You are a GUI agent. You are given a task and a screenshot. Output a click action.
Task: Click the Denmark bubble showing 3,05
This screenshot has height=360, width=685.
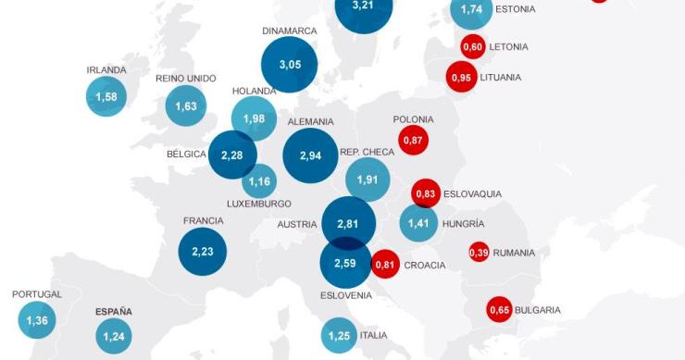pos(289,65)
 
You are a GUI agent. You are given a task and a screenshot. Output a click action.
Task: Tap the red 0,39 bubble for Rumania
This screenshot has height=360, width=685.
pos(479,252)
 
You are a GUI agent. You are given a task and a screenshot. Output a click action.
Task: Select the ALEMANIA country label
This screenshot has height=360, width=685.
pos(310,121)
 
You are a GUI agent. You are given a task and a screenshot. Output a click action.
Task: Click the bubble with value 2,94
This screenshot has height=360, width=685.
pos(310,155)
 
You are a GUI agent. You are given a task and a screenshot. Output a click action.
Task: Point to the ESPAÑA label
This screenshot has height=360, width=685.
pos(114,312)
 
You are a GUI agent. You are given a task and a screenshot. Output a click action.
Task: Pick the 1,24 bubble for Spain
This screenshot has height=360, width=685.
pos(114,336)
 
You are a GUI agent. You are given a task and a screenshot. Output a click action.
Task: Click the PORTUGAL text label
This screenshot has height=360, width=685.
pos(37,294)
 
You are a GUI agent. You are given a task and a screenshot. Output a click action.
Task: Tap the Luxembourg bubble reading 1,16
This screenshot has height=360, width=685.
pos(259,180)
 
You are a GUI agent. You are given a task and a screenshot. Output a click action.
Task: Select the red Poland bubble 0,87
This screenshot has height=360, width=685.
pos(413,140)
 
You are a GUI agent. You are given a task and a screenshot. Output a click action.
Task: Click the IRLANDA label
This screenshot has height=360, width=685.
pos(106,69)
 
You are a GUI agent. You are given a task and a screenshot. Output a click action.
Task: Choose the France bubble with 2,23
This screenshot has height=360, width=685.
pos(202,252)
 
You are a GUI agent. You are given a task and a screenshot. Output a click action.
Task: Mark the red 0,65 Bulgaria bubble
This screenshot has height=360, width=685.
pos(500,310)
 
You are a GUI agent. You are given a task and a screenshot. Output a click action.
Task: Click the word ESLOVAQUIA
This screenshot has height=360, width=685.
pos(472,194)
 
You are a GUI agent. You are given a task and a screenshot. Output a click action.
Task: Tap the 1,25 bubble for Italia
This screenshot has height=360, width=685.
pos(339,335)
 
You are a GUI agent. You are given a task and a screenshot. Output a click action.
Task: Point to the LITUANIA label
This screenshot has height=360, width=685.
pos(501,78)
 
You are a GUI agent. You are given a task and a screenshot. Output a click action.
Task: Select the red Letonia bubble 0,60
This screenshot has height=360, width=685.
pos(473,46)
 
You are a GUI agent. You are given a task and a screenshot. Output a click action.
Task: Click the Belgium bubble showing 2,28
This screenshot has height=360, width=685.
pos(231,155)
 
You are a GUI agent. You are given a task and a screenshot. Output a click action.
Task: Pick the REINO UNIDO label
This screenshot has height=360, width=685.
pos(186,78)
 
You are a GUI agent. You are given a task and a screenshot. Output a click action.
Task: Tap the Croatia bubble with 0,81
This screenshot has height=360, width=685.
pos(386,265)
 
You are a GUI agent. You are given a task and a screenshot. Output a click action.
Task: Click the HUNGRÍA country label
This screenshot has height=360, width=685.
pos(463,224)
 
